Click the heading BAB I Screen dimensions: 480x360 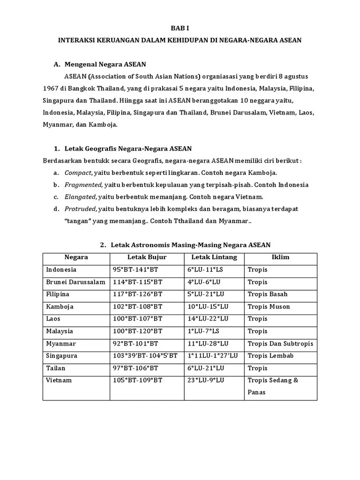click(180, 29)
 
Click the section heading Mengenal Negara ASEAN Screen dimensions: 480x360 click(105, 64)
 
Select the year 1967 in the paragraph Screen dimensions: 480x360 click(50, 88)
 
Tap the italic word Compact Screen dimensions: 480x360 click(78, 172)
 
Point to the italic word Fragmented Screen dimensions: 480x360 click(83, 185)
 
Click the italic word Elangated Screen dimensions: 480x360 click(80, 197)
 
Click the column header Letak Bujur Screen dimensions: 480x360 click(147, 257)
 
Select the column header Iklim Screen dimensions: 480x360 click(280, 257)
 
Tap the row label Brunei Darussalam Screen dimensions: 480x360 click(75, 282)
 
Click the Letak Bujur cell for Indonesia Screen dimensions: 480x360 click(137, 270)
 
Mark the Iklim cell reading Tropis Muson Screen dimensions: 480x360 click(269, 307)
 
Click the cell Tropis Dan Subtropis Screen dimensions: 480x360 click(280, 344)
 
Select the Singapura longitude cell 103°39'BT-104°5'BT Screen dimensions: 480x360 click(145, 356)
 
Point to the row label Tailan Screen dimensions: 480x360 click(56, 368)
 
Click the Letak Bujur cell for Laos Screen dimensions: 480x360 click(138, 319)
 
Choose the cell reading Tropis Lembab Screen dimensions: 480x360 click(270, 356)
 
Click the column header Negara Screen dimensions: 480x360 click(76, 257)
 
